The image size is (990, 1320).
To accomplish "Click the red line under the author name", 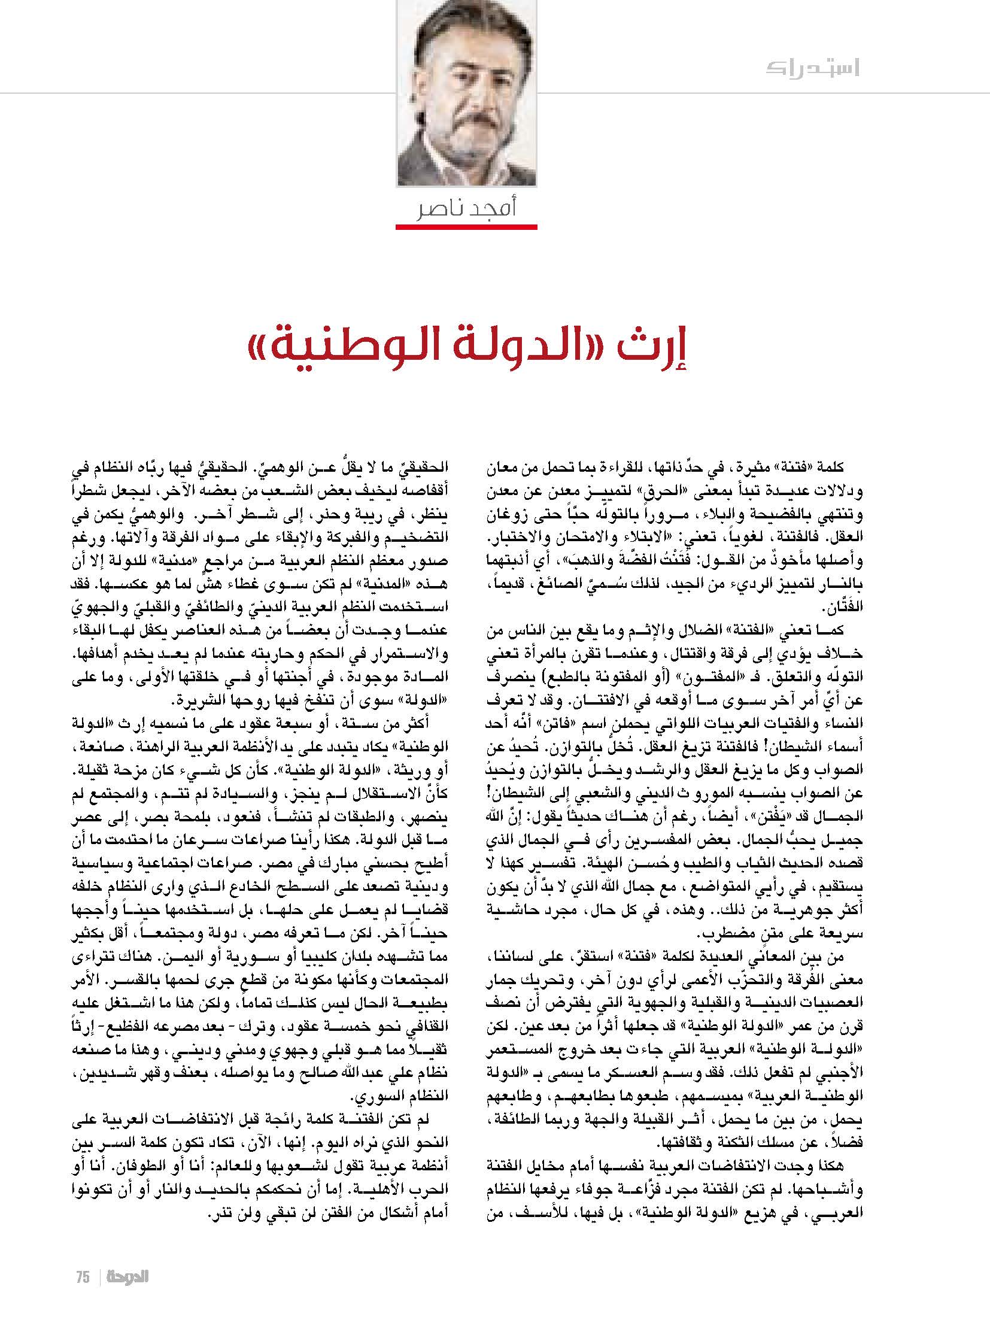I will (466, 227).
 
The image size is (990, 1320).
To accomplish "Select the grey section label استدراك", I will (812, 68).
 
